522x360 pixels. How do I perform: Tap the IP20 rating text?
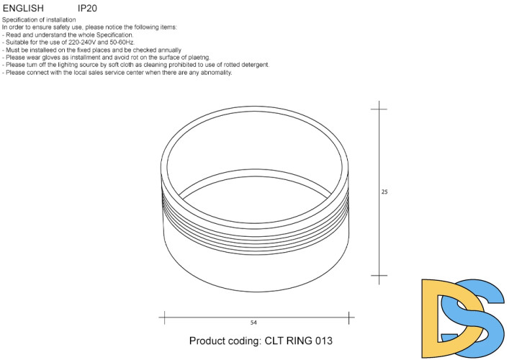(x=87, y=8)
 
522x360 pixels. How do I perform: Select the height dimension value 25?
(x=385, y=192)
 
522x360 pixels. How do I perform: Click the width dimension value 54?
(x=254, y=322)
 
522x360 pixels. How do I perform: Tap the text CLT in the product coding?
(x=262, y=341)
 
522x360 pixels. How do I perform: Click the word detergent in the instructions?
(x=254, y=64)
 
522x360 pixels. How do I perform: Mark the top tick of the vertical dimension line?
(x=379, y=109)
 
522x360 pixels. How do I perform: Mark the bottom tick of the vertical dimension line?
(x=379, y=275)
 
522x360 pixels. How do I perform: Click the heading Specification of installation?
(x=40, y=19)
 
